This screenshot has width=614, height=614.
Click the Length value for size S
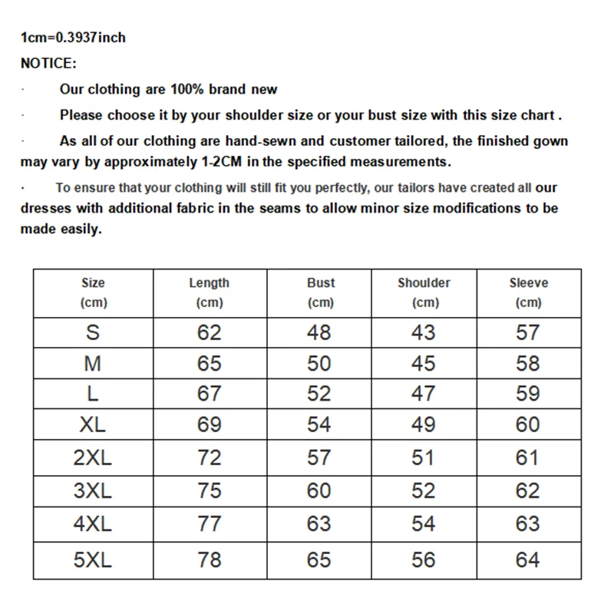(209, 332)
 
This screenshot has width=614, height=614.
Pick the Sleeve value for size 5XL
(528, 560)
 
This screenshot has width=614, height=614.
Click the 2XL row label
(93, 458)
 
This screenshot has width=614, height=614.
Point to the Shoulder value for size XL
(424, 424)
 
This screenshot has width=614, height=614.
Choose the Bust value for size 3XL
(319, 490)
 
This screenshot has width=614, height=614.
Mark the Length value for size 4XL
(209, 524)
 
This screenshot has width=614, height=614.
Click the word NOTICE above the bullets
(48, 63)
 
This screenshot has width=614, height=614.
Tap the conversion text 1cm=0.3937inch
(73, 37)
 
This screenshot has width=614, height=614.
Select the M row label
(93, 363)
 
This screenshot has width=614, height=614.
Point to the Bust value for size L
(319, 394)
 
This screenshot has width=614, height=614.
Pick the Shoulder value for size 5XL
(424, 560)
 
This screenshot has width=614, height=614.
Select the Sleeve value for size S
(528, 332)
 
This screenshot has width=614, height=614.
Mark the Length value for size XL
(209, 424)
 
